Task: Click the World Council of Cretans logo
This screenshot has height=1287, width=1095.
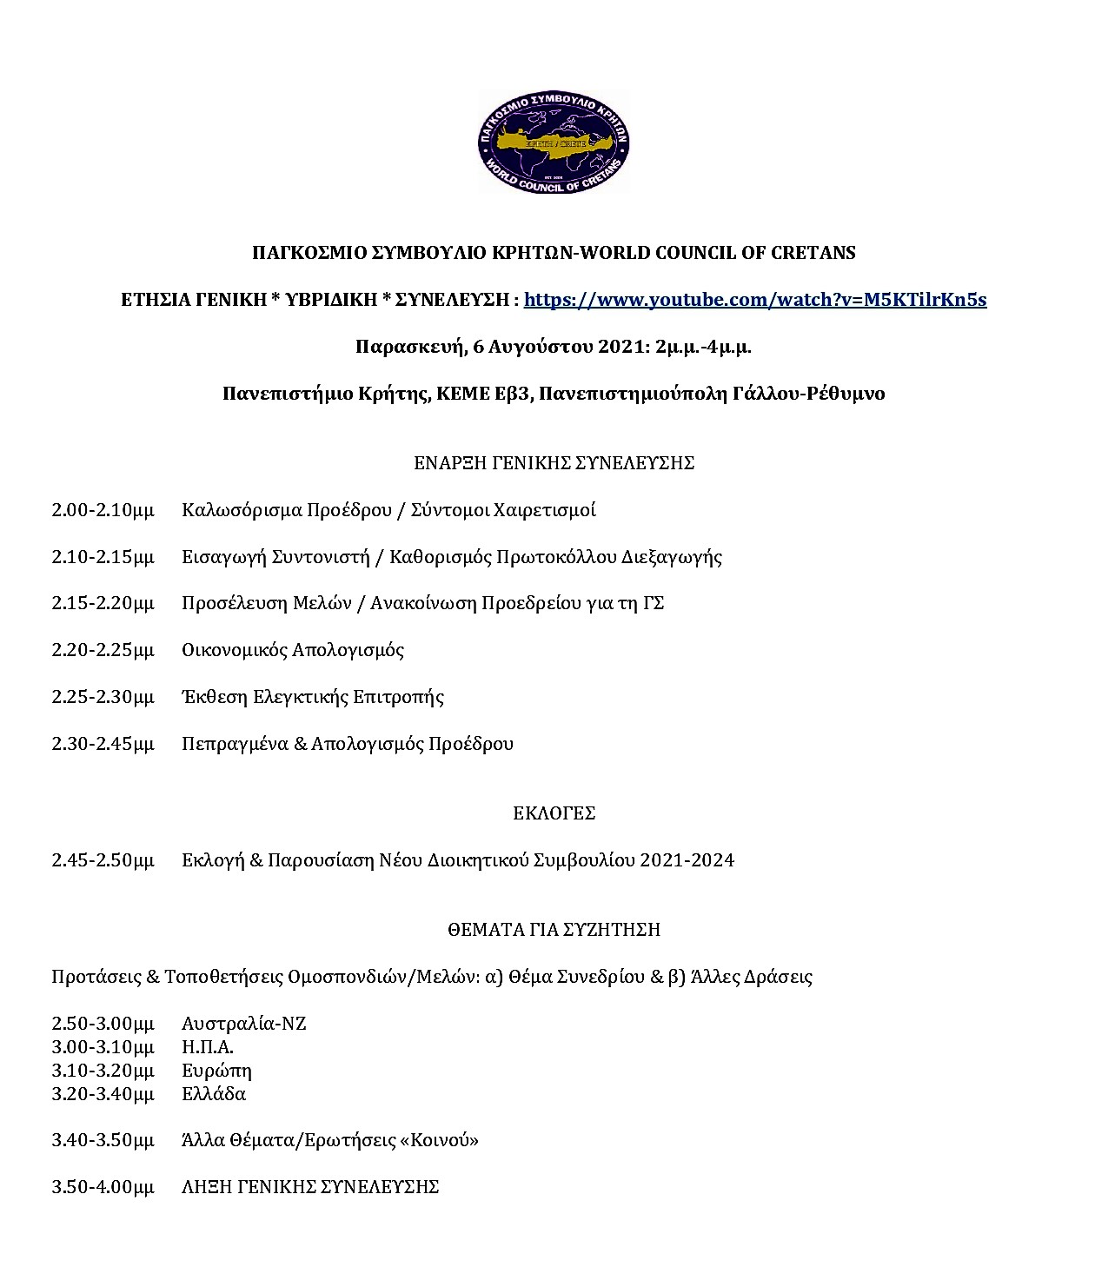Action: click(x=553, y=142)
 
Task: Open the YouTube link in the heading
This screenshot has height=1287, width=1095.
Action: click(x=754, y=300)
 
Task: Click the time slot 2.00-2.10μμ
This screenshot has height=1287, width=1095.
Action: click(x=103, y=510)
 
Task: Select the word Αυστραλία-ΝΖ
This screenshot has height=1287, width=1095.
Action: click(x=243, y=1024)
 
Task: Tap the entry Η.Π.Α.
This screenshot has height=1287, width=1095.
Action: click(x=207, y=1047)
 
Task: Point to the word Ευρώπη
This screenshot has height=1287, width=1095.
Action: click(x=216, y=1071)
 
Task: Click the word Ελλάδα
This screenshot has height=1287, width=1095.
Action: click(x=213, y=1094)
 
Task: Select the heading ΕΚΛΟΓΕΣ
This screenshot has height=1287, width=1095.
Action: click(x=554, y=813)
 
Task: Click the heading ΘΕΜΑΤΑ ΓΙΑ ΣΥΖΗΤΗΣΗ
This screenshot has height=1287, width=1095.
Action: click(x=554, y=930)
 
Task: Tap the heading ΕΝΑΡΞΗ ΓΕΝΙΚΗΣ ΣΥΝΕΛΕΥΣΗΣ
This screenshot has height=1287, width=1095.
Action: click(x=554, y=463)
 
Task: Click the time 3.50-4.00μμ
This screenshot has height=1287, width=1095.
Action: click(x=103, y=1187)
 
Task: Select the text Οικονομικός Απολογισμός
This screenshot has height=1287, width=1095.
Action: click(x=292, y=650)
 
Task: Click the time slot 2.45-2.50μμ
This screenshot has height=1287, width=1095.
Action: click(x=103, y=860)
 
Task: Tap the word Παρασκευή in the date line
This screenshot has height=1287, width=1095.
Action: click(x=408, y=347)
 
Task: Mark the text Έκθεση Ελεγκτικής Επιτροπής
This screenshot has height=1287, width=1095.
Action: click(x=312, y=697)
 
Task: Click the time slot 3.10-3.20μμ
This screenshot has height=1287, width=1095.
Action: click(x=103, y=1071)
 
